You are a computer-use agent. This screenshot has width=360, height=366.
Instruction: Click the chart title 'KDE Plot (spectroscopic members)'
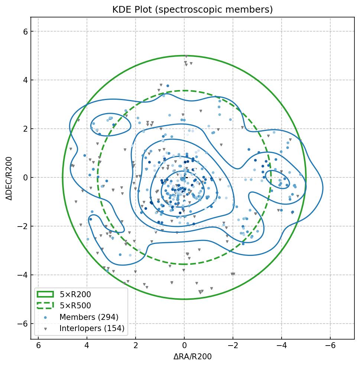tap(192, 10)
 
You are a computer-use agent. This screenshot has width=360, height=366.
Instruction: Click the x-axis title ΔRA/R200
tap(192, 357)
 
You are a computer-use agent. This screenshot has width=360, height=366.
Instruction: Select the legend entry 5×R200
tap(75, 295)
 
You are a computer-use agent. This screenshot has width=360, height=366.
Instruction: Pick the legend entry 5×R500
tap(75, 306)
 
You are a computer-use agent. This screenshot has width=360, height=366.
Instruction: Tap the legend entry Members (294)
tap(89, 317)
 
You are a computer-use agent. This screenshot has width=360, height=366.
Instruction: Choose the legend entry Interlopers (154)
tap(92, 328)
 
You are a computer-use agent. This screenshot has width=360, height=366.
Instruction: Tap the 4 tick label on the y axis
tap(25, 80)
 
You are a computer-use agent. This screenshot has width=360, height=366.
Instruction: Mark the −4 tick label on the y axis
tap(23, 275)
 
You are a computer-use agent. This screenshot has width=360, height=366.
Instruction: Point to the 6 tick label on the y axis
tap(25, 32)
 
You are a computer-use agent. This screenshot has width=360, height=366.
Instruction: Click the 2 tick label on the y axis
tap(25, 129)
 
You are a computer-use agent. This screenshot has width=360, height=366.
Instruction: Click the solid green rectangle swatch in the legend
tap(45, 295)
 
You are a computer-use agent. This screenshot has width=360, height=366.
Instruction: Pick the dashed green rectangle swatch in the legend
tap(45, 306)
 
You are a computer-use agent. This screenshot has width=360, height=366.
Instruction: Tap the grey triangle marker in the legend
tap(45, 329)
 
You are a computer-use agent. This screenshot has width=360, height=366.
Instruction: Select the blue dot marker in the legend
tap(45, 317)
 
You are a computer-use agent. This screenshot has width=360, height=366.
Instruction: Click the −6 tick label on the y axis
tap(23, 324)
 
